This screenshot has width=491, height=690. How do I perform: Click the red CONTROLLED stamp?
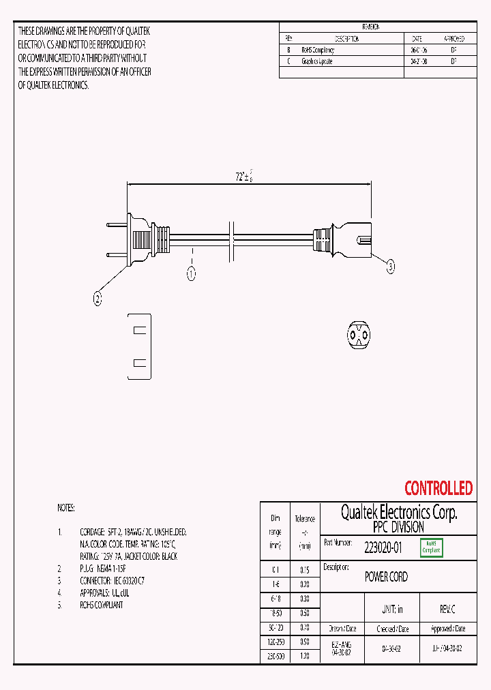coord(438,488)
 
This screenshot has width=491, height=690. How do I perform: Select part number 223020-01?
coord(383,546)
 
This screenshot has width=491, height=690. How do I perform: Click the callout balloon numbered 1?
coord(192,274)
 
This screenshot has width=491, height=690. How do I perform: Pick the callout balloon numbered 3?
coord(391,267)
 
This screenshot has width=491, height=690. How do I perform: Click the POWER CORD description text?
coord(386,577)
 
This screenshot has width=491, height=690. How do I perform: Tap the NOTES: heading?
coord(66,509)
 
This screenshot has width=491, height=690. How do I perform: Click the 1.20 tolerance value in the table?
coord(304,656)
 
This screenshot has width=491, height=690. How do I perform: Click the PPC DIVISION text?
coord(398,527)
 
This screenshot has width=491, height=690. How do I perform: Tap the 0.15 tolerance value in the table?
coord(304,569)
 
